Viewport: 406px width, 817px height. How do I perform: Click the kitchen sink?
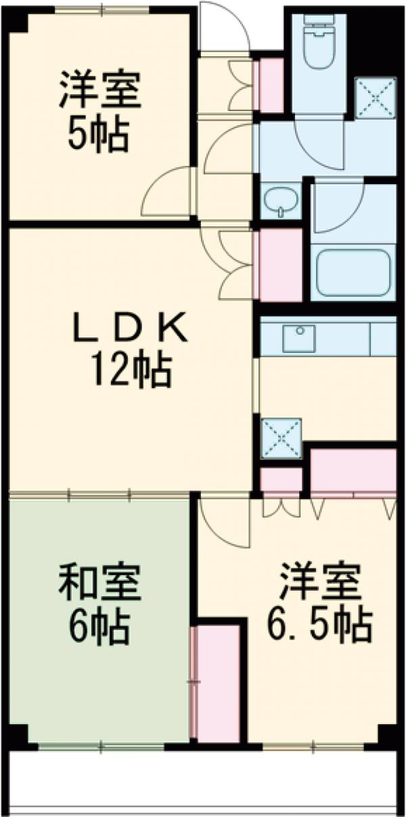298,337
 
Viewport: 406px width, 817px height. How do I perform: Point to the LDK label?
129,330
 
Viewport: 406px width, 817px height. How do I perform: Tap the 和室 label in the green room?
99,584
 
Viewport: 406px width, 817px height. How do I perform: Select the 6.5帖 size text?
317,629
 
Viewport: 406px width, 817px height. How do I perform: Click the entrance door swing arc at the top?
225,27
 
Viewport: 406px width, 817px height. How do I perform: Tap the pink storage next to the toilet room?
271,85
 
